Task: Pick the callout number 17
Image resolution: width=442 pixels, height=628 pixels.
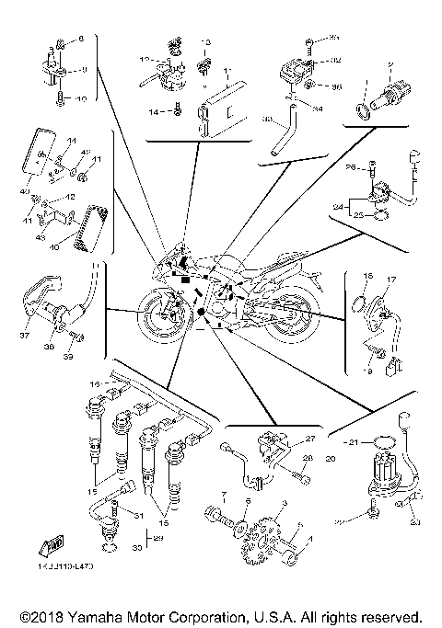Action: pos(390,279)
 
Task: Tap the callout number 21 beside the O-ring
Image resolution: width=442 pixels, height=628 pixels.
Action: pos(349,442)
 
